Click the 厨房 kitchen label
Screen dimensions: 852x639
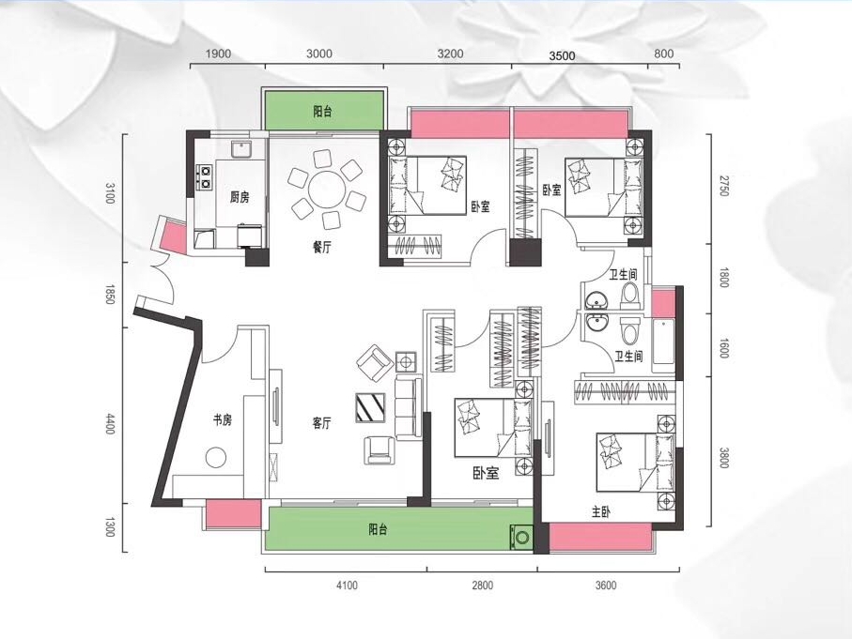[x=240, y=196]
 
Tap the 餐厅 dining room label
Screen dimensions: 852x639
[x=322, y=248]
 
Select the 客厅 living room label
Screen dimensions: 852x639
[x=322, y=423]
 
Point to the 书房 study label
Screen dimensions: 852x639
[x=223, y=419]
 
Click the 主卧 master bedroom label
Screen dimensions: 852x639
[x=601, y=512]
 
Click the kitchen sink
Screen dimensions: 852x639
[x=240, y=149]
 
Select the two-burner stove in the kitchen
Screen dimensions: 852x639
[x=205, y=176]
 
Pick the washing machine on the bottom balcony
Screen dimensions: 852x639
[x=522, y=537]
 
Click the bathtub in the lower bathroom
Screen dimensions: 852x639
[x=663, y=342]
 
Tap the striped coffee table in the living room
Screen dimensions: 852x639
[x=370, y=407]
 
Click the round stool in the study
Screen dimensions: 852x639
[x=216, y=457]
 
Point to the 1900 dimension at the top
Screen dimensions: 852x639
[x=219, y=53]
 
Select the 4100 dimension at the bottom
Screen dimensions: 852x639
[x=348, y=586]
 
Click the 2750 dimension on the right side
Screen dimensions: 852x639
[x=722, y=186]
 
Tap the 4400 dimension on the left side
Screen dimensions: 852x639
[x=110, y=423]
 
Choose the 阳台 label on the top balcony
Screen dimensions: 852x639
[x=323, y=112]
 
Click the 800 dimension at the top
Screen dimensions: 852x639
[x=664, y=53]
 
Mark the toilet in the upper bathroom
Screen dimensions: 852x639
[x=629, y=293]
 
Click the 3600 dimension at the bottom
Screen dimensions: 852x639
[x=606, y=586]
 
